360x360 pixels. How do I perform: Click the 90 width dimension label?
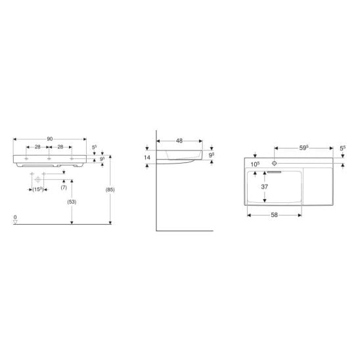50,139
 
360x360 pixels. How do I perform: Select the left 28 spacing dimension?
37,146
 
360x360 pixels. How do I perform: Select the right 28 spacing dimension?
60,146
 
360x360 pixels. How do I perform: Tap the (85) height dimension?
110,190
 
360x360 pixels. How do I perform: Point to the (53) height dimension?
72,202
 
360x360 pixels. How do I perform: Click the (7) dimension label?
64,187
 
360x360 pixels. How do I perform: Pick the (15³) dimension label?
38,189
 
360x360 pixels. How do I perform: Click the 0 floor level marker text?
15,217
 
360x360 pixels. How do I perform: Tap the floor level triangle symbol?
15,222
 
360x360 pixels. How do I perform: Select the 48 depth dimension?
179,141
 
